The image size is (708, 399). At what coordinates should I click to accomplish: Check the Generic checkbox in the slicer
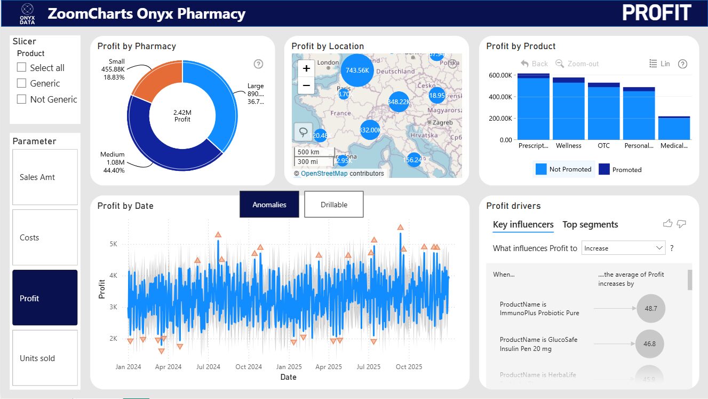(x=22, y=83)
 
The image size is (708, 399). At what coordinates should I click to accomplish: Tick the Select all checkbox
(x=22, y=68)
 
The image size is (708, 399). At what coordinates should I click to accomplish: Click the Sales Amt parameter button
(x=45, y=177)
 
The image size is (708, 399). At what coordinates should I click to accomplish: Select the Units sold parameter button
(x=45, y=358)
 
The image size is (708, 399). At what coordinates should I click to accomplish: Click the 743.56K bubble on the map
(x=357, y=71)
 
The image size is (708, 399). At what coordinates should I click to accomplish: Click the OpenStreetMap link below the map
(x=324, y=174)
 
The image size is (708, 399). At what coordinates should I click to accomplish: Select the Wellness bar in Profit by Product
(x=568, y=112)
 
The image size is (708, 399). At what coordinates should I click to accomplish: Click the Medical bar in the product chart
(x=674, y=129)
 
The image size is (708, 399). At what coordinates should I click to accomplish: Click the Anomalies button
(x=269, y=205)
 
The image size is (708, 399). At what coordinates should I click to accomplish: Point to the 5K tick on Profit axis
(x=113, y=244)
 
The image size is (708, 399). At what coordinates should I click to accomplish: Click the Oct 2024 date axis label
(x=249, y=367)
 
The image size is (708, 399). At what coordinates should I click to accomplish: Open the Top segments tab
(x=590, y=224)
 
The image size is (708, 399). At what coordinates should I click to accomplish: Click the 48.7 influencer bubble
(x=651, y=309)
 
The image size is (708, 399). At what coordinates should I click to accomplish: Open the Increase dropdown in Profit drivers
(x=623, y=248)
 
